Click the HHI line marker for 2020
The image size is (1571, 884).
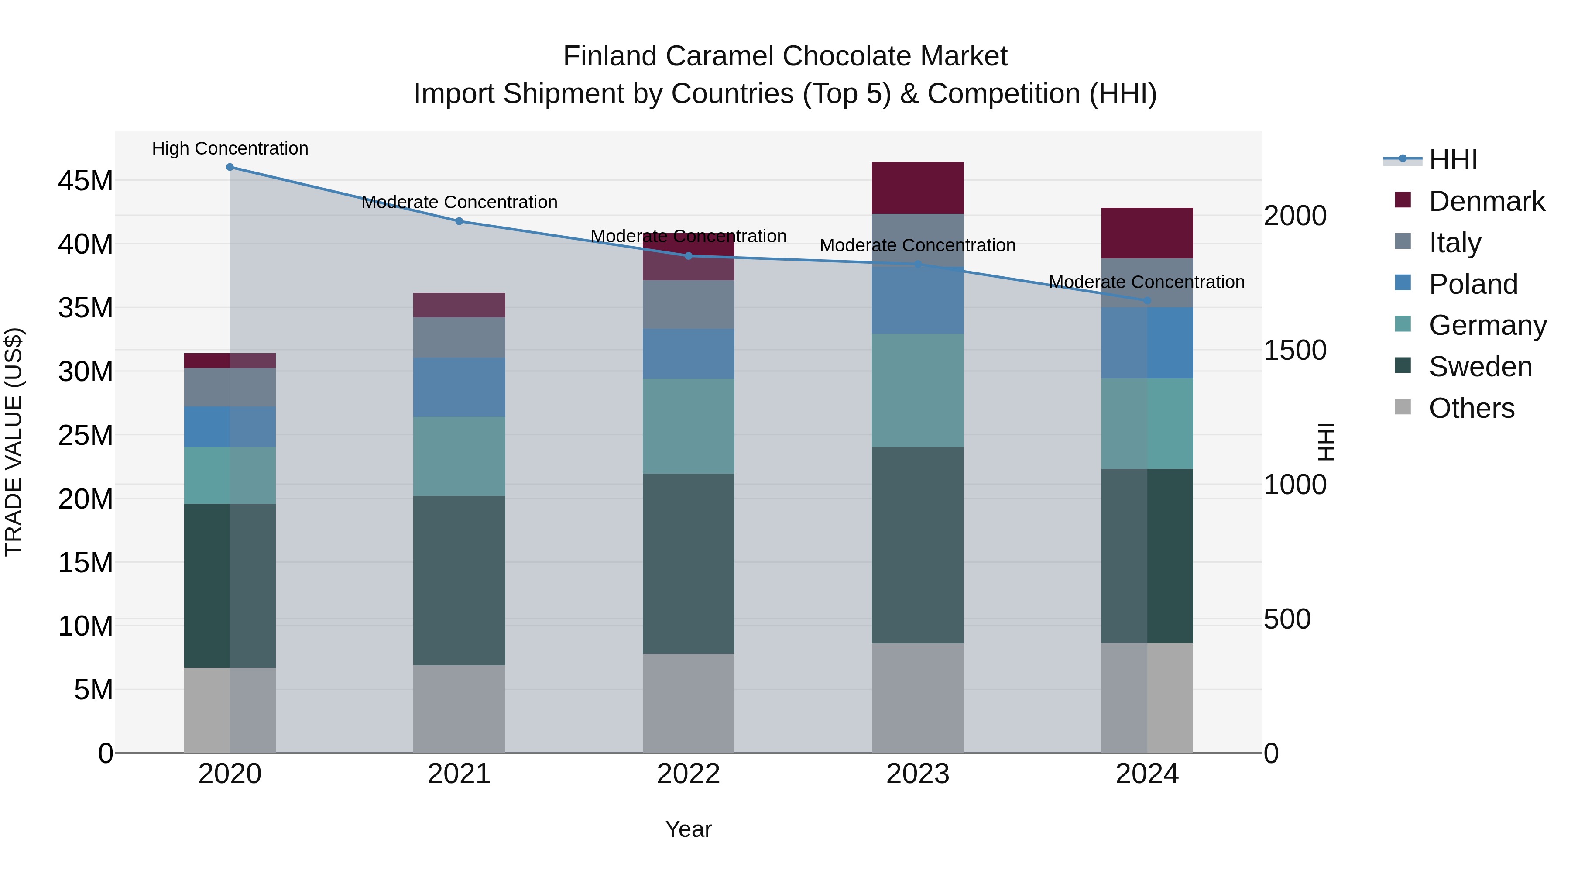pos(230,167)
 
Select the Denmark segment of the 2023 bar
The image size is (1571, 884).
pos(917,188)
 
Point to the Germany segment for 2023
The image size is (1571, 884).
pos(917,390)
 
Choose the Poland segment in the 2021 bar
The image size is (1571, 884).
pos(459,387)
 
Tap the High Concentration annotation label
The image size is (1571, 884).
pos(230,148)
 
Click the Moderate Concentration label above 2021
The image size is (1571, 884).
pos(459,202)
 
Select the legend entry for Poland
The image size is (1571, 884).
pos(1472,284)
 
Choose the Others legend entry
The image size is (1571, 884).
pos(1471,408)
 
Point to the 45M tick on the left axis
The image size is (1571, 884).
pos(86,181)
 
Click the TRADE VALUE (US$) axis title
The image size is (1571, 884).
pos(14,442)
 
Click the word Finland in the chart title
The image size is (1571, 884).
pos(609,56)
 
